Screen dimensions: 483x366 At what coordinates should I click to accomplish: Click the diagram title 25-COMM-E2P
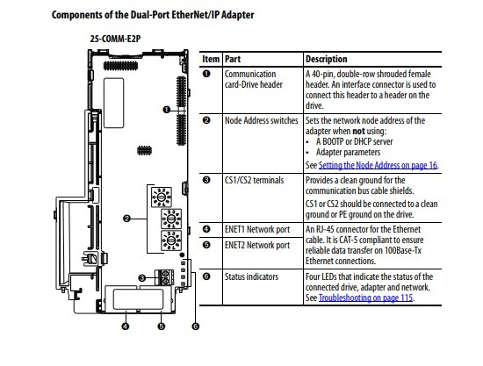(x=115, y=39)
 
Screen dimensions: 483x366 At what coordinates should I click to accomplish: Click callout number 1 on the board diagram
(x=166, y=110)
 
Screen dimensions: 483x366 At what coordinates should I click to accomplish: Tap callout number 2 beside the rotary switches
(x=126, y=219)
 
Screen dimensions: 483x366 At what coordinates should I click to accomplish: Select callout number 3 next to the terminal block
(x=141, y=278)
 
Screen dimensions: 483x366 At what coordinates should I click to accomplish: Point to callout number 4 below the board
(x=126, y=326)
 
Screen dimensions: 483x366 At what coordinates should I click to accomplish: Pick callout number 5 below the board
(x=161, y=326)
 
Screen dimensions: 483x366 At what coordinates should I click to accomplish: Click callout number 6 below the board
(x=195, y=326)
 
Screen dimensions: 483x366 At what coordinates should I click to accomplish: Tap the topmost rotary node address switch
(x=161, y=197)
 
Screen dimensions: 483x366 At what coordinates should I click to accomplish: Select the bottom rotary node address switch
(x=171, y=240)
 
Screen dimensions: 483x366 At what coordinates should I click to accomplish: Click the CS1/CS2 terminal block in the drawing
(x=165, y=277)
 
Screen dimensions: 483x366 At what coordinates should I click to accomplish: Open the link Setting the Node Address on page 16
(x=378, y=165)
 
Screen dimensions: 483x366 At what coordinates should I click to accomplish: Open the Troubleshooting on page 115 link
(x=365, y=298)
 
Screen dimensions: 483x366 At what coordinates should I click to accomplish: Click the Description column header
(x=327, y=59)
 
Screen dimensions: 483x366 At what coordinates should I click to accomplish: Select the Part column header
(x=233, y=59)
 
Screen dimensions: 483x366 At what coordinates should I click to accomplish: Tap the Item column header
(x=211, y=59)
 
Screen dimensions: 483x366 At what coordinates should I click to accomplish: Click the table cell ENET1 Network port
(x=257, y=230)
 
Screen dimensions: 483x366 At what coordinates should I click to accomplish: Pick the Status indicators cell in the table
(x=251, y=276)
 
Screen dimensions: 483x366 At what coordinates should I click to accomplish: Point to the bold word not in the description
(x=358, y=131)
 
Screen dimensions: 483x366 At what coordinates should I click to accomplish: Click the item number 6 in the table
(x=206, y=276)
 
